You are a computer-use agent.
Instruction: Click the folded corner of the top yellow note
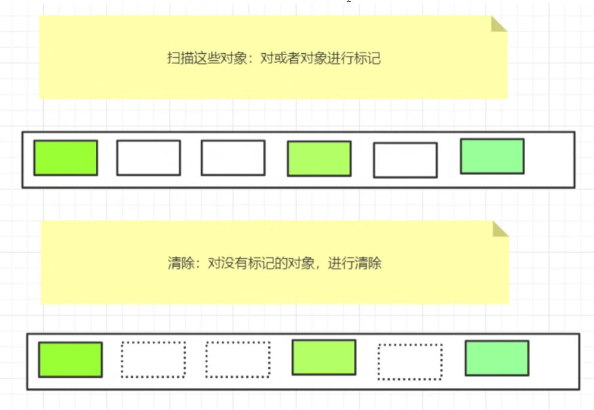(x=498, y=24)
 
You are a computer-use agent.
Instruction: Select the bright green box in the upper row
(x=65, y=158)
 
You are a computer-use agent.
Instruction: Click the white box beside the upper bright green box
(x=148, y=158)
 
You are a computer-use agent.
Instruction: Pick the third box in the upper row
(x=233, y=158)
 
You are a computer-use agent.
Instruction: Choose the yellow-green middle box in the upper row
(x=319, y=158)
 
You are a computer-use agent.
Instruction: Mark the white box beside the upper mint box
(x=405, y=160)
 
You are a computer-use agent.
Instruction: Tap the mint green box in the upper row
(x=492, y=156)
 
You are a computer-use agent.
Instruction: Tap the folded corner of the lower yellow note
(x=499, y=228)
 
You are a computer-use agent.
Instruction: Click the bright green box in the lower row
(x=70, y=360)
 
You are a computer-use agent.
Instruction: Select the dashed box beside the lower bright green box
(x=153, y=360)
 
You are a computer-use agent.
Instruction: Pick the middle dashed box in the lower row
(x=238, y=360)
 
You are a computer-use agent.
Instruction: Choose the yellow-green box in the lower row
(x=324, y=357)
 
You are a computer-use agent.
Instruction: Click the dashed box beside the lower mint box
(x=410, y=362)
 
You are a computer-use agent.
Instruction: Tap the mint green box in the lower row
(x=497, y=358)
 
